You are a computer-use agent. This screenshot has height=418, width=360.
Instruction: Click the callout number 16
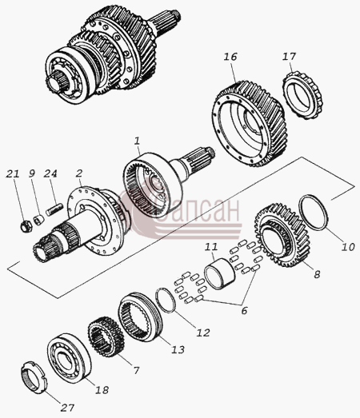[x=231, y=57]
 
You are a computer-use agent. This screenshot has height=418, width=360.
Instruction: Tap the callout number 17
[x=290, y=57]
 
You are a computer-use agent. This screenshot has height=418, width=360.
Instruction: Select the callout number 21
[x=13, y=173]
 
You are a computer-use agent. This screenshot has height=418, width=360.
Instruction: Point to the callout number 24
[x=50, y=173]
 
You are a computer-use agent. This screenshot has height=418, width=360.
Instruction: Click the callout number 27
[x=67, y=408]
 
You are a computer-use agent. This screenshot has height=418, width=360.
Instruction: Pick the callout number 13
[x=178, y=349]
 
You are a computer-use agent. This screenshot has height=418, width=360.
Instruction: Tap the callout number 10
[x=348, y=247]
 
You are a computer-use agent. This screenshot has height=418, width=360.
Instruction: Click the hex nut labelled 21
[x=26, y=226]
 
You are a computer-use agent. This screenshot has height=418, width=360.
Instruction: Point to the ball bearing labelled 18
[x=69, y=356]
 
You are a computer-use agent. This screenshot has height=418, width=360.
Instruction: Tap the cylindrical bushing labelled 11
[x=220, y=272]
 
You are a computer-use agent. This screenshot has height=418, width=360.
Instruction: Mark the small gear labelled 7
[x=106, y=336]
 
